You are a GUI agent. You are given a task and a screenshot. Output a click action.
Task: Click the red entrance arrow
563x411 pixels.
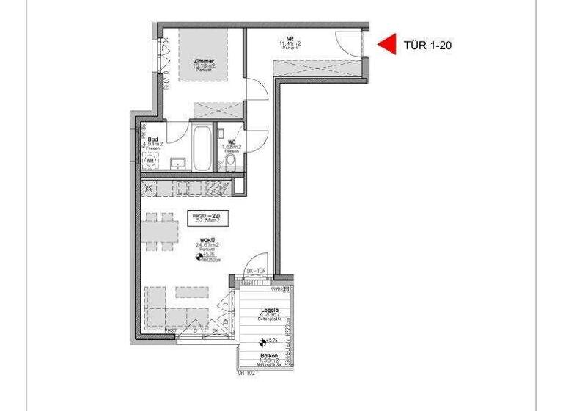coord(386,45)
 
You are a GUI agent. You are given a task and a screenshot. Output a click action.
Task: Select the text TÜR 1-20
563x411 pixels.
coord(427,46)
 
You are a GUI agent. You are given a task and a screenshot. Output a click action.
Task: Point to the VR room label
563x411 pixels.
coord(290,40)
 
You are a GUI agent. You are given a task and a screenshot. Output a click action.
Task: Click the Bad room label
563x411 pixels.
coord(152,139)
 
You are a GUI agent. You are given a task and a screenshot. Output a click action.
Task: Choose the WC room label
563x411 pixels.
coord(232,142)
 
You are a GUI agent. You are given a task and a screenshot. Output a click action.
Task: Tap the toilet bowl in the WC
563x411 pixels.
coord(231,160)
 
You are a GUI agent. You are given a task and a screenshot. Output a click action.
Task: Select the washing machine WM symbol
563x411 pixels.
coord(151,159)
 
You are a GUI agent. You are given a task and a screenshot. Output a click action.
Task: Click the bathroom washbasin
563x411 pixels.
coord(177,162)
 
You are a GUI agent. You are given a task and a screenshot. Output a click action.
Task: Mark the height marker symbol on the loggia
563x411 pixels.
coord(262,341)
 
